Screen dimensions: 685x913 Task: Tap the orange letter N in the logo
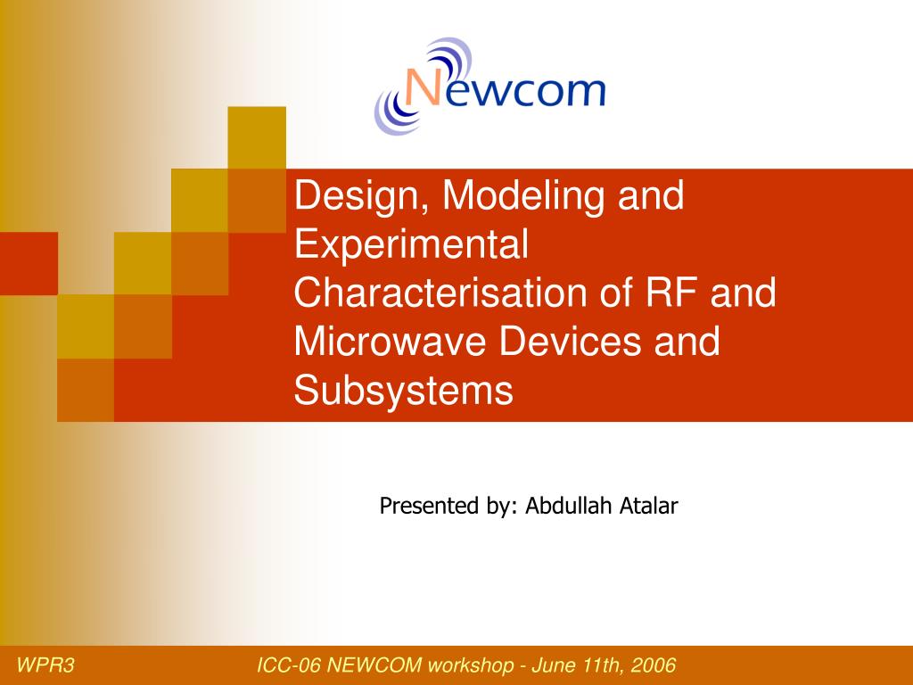click(x=424, y=91)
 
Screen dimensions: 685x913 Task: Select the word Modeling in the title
click(x=513, y=196)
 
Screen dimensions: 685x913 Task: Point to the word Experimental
click(x=412, y=244)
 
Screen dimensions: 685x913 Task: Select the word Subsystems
click(x=404, y=391)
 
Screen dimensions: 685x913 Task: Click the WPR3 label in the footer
click(x=46, y=665)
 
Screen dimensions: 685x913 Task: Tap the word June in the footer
click(x=554, y=665)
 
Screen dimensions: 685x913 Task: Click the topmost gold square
click(x=257, y=137)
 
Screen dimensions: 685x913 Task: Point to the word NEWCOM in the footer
click(x=374, y=665)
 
